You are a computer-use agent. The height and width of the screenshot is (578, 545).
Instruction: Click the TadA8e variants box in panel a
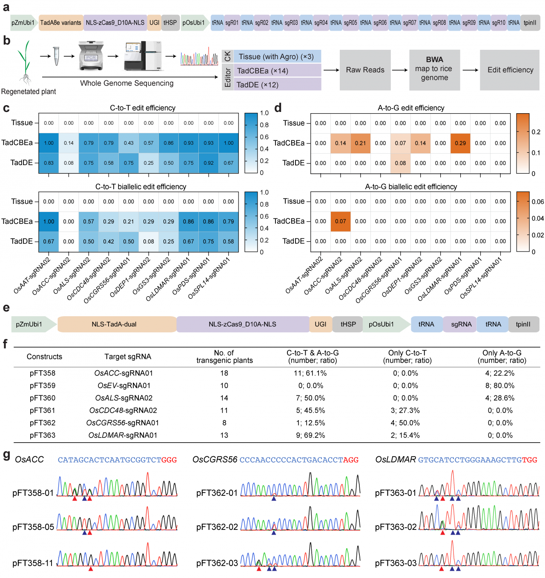tap(60, 23)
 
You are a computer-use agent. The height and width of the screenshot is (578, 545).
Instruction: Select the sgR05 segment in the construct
tap(350, 23)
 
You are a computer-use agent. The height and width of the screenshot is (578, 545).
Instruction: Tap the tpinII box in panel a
tap(530, 23)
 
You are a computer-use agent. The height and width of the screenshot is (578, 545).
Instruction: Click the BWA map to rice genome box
tap(434, 70)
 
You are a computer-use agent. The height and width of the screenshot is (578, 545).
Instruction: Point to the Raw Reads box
tap(365, 70)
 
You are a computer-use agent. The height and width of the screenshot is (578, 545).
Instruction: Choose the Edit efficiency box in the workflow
tap(510, 70)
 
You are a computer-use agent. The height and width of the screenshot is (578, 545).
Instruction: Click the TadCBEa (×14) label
tap(262, 71)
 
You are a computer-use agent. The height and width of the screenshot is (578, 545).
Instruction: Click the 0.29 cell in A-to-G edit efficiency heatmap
tap(460, 143)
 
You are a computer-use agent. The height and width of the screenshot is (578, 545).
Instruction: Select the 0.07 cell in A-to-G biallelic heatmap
tap(341, 221)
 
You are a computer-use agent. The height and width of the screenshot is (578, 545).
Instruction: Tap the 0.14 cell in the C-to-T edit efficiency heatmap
tap(69, 143)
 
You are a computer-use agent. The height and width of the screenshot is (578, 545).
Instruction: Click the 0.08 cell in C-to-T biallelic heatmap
tap(149, 241)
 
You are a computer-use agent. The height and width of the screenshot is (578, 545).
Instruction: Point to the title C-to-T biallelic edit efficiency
tap(141, 187)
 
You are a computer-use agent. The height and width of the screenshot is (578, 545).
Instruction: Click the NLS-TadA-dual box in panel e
tap(114, 324)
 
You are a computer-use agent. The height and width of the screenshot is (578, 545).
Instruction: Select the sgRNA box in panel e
tap(461, 324)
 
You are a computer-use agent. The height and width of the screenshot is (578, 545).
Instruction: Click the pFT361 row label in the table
tap(43, 410)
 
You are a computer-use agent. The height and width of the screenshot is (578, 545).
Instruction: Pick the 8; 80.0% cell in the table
tap(498, 386)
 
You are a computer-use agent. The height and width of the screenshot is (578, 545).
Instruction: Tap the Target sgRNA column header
tap(128, 357)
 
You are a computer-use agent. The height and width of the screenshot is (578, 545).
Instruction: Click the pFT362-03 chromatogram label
tap(217, 563)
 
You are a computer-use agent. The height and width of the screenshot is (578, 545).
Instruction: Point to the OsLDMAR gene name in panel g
tap(395, 460)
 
